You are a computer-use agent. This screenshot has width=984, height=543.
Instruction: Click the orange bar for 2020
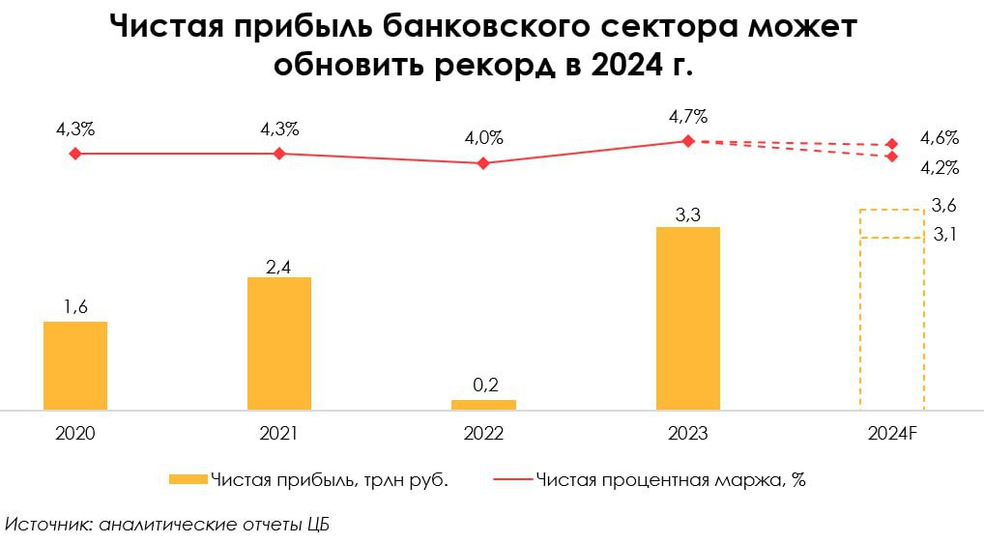pos(75,365)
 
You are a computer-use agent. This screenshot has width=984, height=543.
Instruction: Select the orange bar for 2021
pos(279,343)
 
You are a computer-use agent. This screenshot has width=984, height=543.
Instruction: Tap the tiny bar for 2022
pos(483,404)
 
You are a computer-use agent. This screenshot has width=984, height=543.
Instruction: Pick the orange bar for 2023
pos(687,318)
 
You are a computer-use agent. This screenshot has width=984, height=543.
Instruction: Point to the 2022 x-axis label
pos(483,434)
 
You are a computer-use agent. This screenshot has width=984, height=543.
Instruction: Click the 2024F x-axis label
pos(891,434)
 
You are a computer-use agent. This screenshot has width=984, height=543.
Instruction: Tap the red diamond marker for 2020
pos(75,153)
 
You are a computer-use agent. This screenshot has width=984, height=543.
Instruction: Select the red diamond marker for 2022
pos(483,163)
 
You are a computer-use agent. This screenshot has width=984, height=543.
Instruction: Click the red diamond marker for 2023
pos(687,140)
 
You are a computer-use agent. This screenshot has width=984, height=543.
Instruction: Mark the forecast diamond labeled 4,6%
pos(891,145)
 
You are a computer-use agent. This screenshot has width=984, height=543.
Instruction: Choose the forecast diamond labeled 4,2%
pos(891,157)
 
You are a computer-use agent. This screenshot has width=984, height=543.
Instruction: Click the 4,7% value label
pos(687,117)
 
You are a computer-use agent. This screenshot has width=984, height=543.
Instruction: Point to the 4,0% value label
pos(483,138)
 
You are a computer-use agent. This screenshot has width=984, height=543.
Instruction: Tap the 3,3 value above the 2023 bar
pos(687,215)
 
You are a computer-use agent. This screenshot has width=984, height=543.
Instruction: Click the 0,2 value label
pos(483,385)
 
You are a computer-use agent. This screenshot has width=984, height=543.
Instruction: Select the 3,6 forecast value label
pos(943,205)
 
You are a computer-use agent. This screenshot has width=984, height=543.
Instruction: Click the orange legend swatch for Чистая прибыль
pos(188,478)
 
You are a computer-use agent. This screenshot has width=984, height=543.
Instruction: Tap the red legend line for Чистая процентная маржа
pos(512,478)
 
